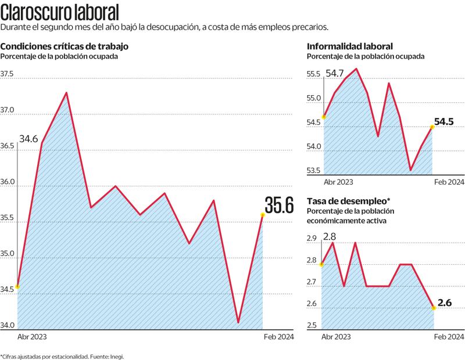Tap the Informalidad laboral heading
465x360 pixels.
click(350, 46)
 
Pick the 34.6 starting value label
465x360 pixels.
click(28, 139)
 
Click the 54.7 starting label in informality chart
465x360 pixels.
click(335, 74)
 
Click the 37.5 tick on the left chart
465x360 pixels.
click(8, 74)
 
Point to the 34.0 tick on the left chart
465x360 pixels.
click(8, 326)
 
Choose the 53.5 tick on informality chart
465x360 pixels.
click(314, 171)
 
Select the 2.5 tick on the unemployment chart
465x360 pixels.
click(312, 326)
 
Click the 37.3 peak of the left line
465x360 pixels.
click(66, 93)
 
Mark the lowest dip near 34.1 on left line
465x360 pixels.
click(238, 322)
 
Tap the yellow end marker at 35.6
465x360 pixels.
click(262, 215)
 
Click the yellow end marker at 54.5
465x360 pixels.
click(432, 126)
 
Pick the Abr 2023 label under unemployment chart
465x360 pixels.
click(336, 337)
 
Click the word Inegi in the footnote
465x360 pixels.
click(116, 356)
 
